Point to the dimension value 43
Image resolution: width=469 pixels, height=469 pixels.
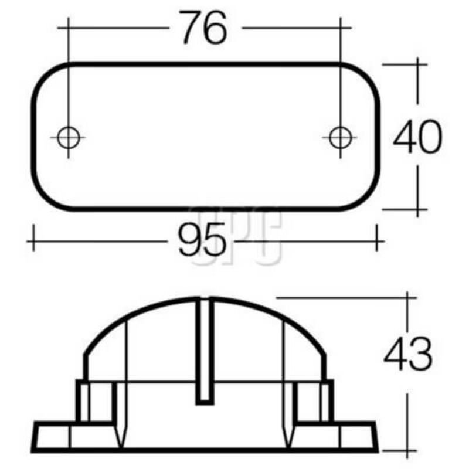pos(408,354)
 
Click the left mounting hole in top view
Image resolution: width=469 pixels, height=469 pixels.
pos(69,138)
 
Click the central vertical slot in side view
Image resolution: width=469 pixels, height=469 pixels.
pos(204,352)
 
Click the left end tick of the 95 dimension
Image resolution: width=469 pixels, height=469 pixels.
pos(34,240)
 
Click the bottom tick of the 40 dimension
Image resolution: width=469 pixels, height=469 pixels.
pos(417,209)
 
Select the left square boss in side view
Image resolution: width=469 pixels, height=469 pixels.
pos(95,401)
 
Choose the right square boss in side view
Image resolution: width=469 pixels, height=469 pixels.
pos(314,401)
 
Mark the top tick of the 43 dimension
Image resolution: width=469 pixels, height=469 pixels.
pos(408,297)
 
